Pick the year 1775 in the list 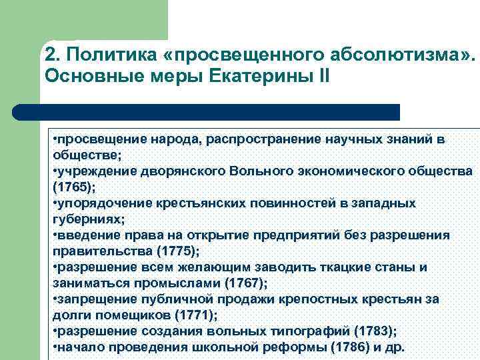pyautogui.click(x=175, y=251)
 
